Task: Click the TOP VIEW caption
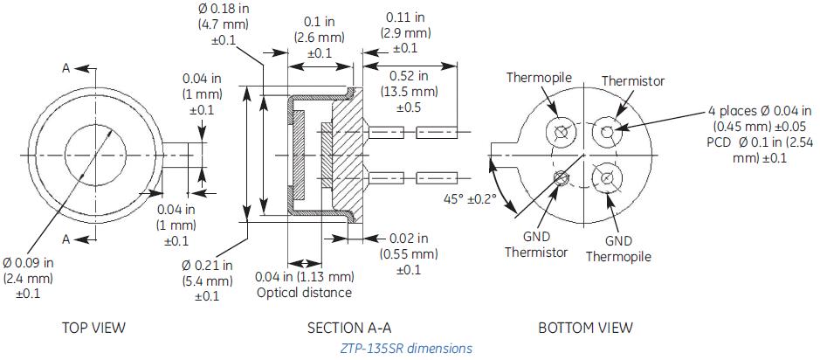[93, 328]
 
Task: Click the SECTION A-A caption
[349, 328]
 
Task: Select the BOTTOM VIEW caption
[585, 328]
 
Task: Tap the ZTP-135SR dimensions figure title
[406, 348]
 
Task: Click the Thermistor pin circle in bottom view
[604, 132]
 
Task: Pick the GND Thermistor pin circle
[559, 179]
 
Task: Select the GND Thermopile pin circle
[604, 179]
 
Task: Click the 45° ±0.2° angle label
[470, 198]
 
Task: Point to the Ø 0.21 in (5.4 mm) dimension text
[208, 280]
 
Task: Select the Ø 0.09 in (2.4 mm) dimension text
[29, 278]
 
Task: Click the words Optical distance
[304, 293]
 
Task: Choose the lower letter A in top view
[65, 239]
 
